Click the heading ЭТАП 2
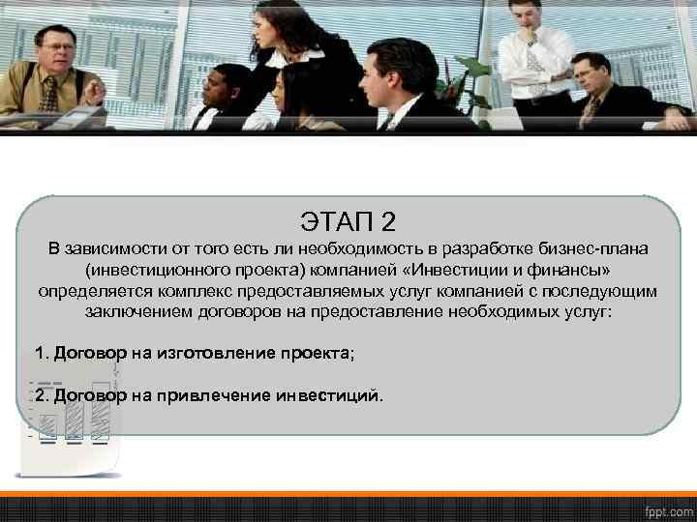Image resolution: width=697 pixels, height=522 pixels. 348,222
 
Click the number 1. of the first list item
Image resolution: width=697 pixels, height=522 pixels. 42,354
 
